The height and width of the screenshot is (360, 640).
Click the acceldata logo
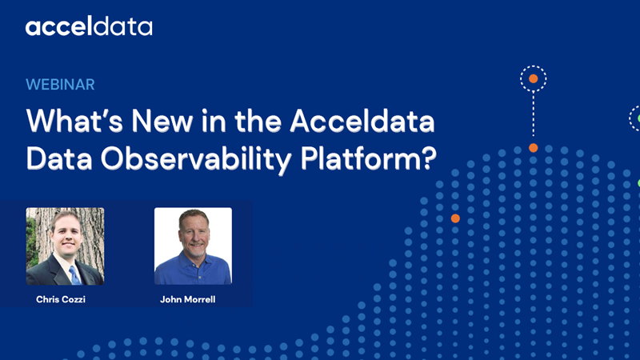point(89,27)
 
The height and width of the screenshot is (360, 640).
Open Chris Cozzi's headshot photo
point(65,246)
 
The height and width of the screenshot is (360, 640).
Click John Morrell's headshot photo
point(193,246)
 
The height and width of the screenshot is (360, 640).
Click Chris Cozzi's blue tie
point(74,274)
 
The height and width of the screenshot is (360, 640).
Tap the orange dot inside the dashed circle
point(533,79)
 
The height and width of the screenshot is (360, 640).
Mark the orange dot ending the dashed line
point(533,148)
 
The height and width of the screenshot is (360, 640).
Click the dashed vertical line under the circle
point(533,116)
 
